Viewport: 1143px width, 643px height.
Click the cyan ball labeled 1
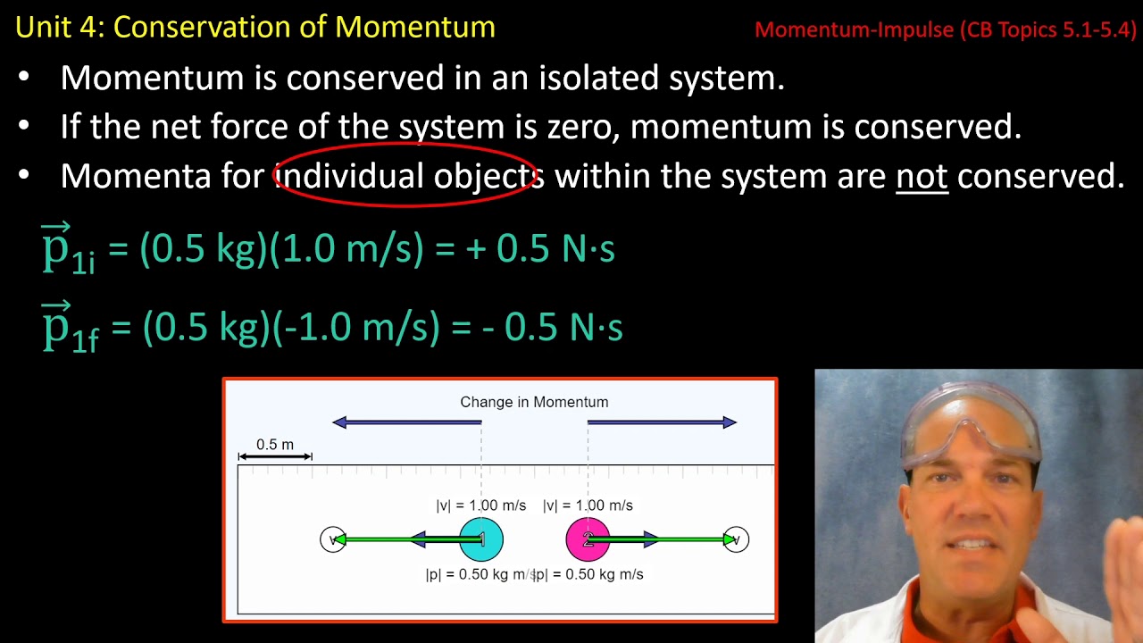(x=481, y=539)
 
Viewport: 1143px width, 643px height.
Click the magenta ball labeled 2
(x=588, y=539)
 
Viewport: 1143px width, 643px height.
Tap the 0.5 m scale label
(x=274, y=445)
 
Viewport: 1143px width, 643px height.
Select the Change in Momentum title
(x=534, y=402)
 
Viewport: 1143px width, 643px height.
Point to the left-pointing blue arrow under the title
(x=406, y=422)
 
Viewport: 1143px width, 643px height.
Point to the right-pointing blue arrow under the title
(x=662, y=422)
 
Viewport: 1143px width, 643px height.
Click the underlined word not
(x=921, y=176)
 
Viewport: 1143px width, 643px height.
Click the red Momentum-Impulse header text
(x=945, y=29)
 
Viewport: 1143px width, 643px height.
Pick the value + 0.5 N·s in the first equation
(x=540, y=250)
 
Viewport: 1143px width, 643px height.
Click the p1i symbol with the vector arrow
(x=67, y=250)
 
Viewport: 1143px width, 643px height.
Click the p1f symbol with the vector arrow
(x=70, y=329)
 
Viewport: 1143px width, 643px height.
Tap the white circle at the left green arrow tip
(x=332, y=539)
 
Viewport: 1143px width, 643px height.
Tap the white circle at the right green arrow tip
(x=736, y=539)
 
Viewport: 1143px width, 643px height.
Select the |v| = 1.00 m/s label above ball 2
(x=588, y=505)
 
